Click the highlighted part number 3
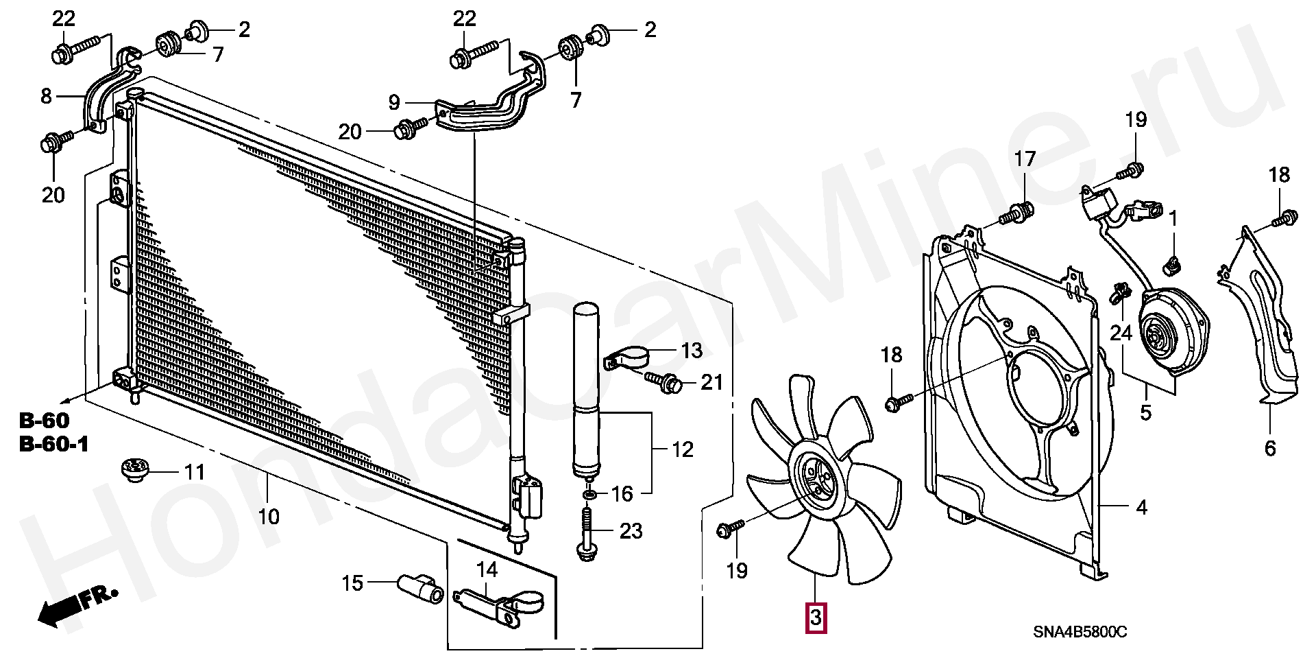pos(816,618)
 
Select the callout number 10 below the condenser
pos(269,516)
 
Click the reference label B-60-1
pos(54,445)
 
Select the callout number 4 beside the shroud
pos(1141,508)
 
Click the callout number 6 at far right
pos(1269,449)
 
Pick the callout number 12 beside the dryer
pos(683,450)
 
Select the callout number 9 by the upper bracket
pos(394,103)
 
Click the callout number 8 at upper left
pos(46,96)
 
